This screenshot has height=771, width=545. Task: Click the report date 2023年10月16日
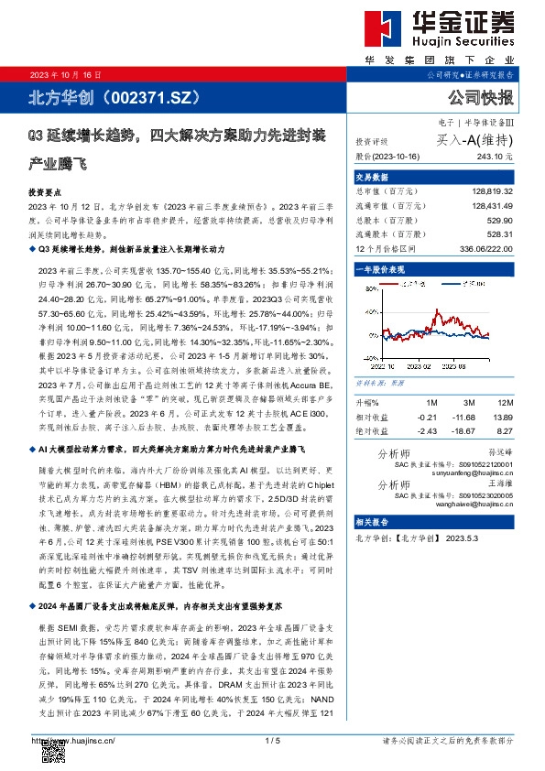(x=66, y=74)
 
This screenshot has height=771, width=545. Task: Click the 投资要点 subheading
(x=44, y=193)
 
